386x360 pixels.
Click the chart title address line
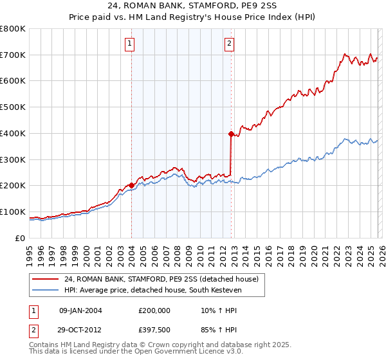click(x=193, y=7)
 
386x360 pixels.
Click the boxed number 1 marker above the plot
click(x=130, y=44)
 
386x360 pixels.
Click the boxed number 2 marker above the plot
click(x=230, y=44)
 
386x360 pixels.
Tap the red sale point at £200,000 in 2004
click(x=132, y=185)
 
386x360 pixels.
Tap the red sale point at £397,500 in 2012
click(x=231, y=134)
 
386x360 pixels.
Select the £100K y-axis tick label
click(x=13, y=212)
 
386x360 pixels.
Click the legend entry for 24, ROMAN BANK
click(x=161, y=279)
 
